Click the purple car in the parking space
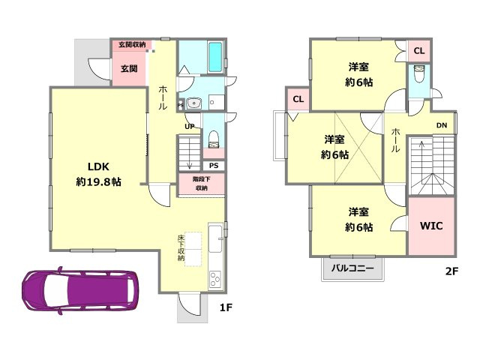(x=80, y=290)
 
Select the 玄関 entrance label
(x=129, y=68)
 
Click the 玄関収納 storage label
(x=132, y=45)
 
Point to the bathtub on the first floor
(x=215, y=57)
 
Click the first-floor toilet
(x=213, y=139)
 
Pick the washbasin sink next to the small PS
(x=193, y=103)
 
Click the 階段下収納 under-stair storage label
(x=202, y=183)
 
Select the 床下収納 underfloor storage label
(x=181, y=248)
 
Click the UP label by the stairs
(x=190, y=126)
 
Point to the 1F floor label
(x=226, y=307)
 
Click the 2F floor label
(x=451, y=271)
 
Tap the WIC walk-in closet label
(x=431, y=226)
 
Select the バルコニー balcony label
(x=352, y=268)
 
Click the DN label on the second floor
(x=442, y=125)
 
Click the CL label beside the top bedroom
(x=419, y=51)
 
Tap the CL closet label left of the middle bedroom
(x=298, y=99)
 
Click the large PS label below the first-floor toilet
(x=214, y=166)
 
